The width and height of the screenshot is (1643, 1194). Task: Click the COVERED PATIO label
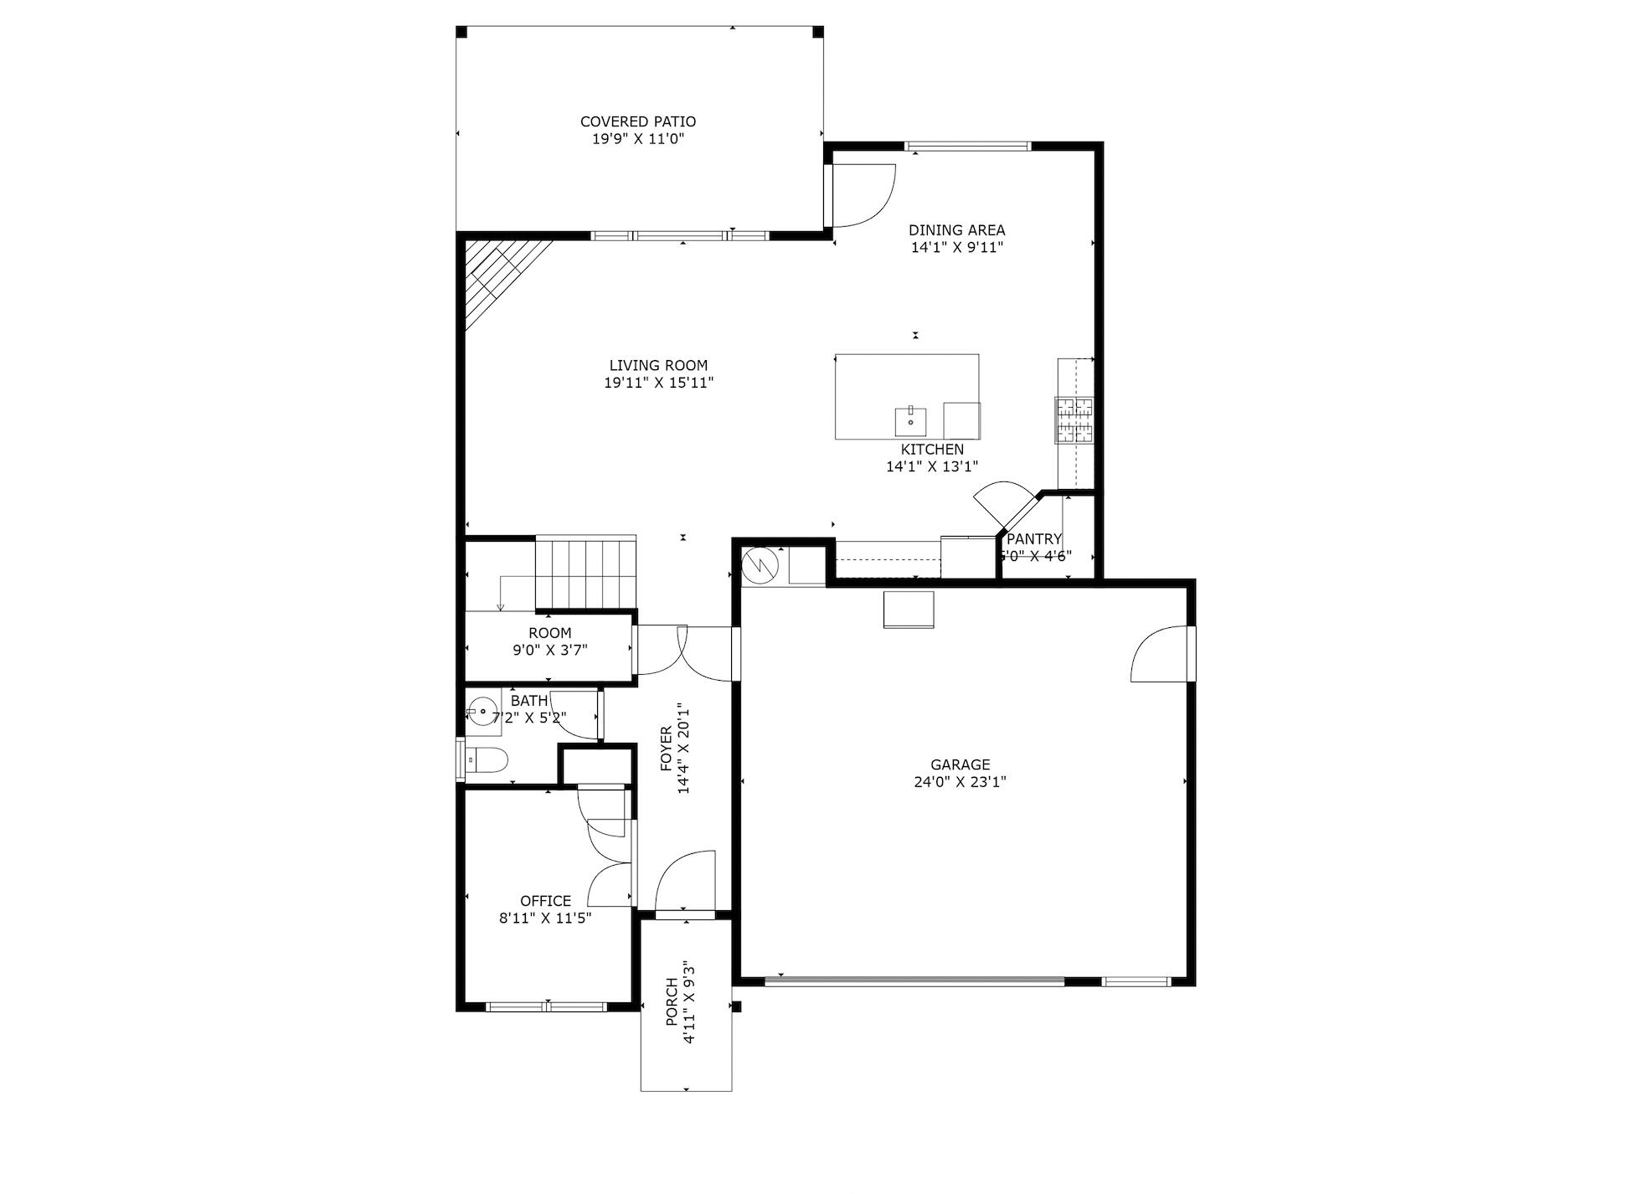coord(637,121)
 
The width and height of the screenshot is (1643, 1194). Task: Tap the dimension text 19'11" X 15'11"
coord(658,383)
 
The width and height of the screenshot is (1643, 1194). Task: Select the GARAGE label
coord(960,764)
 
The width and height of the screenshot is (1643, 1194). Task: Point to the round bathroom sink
coord(483,713)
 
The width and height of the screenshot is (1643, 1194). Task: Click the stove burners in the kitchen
coord(1074,419)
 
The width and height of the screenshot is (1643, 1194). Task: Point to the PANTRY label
coord(1034,539)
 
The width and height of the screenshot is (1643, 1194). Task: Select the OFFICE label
coord(545,901)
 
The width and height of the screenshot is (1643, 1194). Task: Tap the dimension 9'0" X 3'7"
coord(550,650)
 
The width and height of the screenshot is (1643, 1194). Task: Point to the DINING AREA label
coord(956,230)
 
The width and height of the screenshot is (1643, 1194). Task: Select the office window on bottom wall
coord(546,1006)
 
